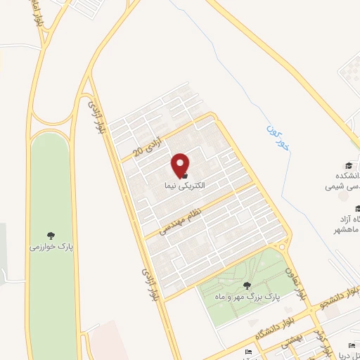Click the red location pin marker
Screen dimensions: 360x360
tap(181, 165)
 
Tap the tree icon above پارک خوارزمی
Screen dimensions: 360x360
tap(51, 235)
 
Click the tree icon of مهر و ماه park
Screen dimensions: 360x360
tap(246, 285)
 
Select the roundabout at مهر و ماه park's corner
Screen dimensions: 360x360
tap(283, 246)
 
